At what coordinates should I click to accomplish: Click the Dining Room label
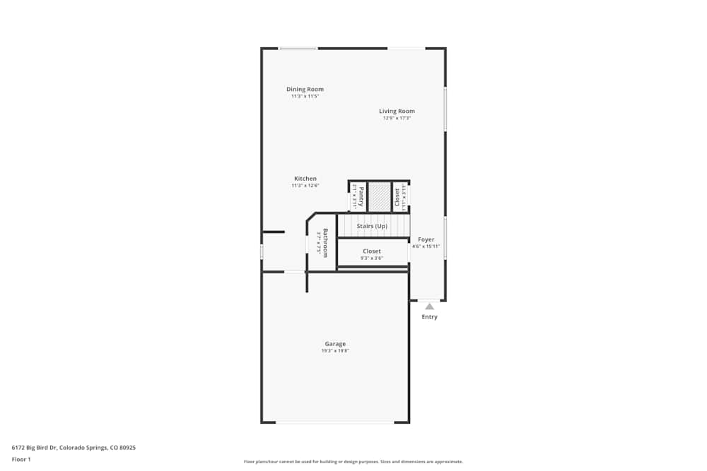305,89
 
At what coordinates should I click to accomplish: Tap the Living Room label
397,111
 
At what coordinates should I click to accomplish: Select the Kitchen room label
305,179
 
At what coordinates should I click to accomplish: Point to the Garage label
335,344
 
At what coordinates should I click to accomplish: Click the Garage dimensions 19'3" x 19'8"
335,351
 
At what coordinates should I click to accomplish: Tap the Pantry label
361,196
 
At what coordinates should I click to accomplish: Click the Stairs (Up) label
372,226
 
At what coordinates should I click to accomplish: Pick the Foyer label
426,239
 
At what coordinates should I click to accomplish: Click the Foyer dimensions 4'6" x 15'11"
426,246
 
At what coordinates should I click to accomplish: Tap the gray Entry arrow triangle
429,306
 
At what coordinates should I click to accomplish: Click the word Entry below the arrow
429,317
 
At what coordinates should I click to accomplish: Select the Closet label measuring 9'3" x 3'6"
372,251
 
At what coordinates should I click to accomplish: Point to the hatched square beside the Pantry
380,196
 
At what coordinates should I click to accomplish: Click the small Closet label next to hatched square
397,197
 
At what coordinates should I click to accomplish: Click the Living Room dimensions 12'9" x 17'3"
397,118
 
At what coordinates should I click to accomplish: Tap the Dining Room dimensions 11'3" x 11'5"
305,96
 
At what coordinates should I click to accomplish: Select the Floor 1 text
21,459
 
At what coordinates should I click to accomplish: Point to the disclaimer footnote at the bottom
353,461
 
